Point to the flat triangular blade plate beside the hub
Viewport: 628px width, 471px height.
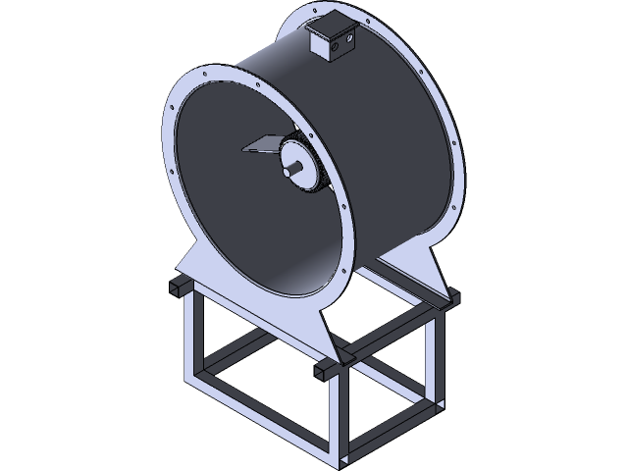(259, 147)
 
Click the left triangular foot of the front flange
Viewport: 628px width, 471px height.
(196, 269)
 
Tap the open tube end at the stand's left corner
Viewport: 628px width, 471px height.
(177, 286)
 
